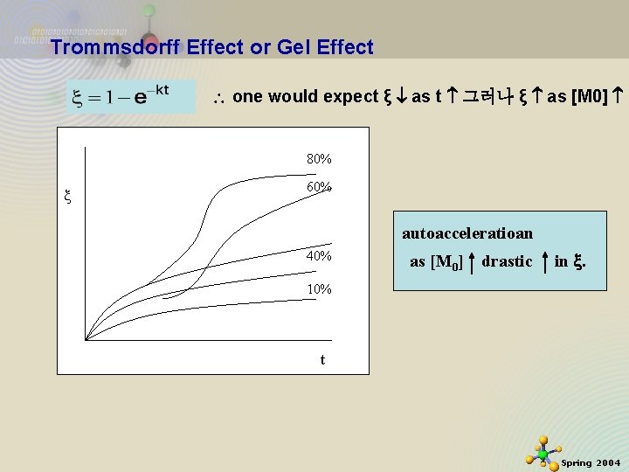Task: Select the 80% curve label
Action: point(319,160)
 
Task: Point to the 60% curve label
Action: point(319,187)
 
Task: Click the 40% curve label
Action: point(319,256)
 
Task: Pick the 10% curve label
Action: point(319,288)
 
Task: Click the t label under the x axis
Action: point(322,359)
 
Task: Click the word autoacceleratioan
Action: point(467,234)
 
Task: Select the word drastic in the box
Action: point(507,261)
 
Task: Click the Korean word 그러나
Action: point(490,96)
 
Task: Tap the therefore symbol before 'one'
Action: point(220,97)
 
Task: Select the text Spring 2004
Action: point(591,462)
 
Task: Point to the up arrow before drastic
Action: point(472,260)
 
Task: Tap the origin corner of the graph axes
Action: point(86,339)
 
